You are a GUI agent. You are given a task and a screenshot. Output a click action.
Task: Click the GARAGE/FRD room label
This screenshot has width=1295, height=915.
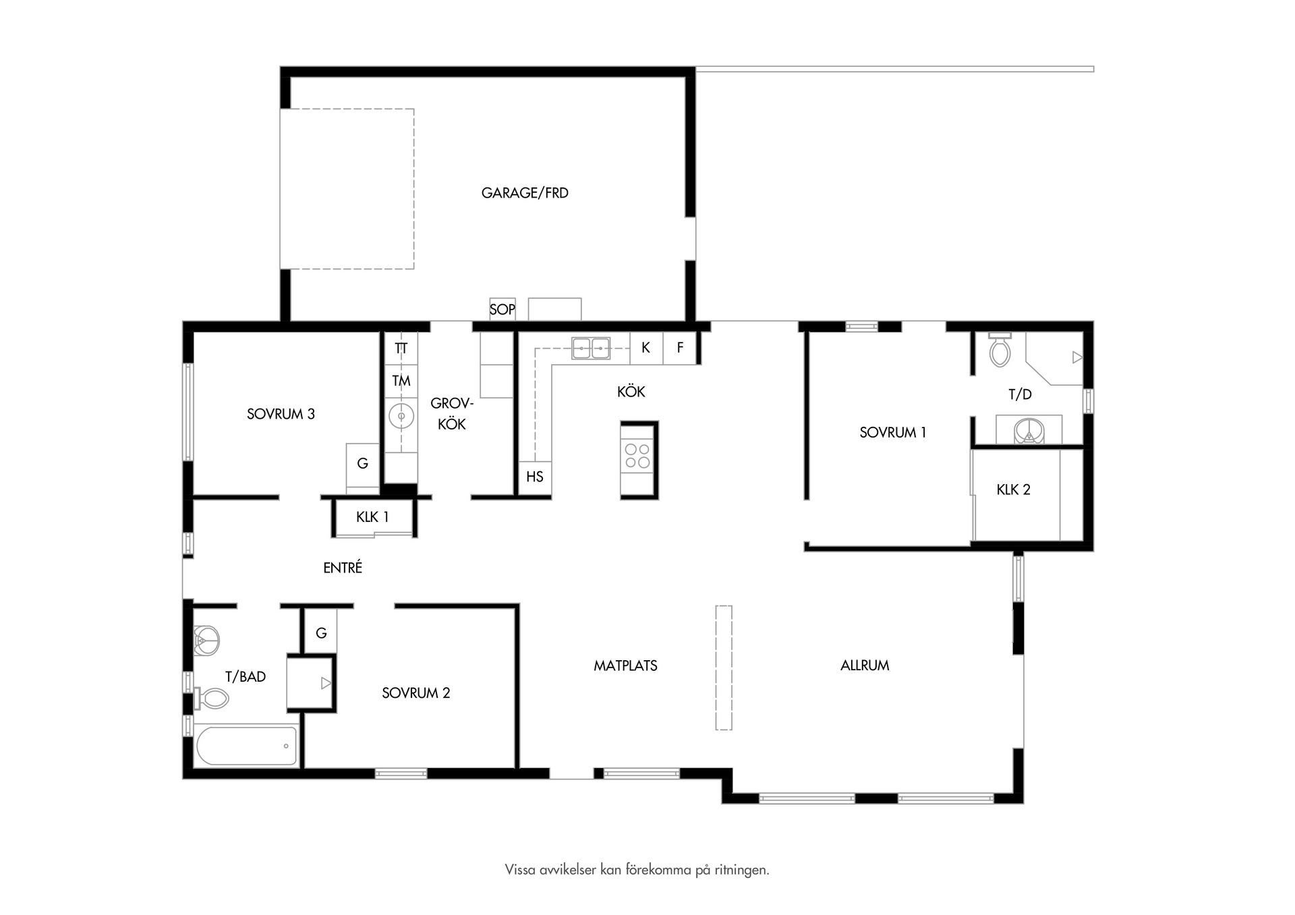tap(525, 193)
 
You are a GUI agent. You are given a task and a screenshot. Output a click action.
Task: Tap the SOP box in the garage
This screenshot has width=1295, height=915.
tap(502, 309)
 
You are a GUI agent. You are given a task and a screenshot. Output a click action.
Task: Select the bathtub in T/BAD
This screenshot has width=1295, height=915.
tap(246, 745)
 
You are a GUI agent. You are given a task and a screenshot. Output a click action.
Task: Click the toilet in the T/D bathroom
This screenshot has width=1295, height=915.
tap(1000, 349)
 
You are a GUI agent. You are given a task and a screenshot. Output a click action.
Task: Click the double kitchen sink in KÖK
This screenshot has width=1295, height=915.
tap(591, 348)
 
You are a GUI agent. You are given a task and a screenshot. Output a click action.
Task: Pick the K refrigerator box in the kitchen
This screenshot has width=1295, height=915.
tap(646, 348)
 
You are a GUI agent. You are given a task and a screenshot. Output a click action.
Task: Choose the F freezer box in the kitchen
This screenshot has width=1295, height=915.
tap(680, 348)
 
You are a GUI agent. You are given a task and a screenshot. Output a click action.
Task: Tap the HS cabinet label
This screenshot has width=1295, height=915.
tap(535, 477)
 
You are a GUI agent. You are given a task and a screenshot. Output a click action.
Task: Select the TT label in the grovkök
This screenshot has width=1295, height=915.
tap(401, 349)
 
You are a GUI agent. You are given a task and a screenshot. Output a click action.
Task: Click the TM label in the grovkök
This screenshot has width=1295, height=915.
tap(401, 381)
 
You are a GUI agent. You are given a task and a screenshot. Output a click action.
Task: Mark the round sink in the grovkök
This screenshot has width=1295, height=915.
tap(401, 416)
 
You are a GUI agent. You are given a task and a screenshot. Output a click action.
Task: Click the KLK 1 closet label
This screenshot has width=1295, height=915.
tap(372, 517)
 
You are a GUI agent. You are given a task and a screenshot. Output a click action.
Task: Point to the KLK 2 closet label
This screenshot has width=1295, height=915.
tap(1014, 490)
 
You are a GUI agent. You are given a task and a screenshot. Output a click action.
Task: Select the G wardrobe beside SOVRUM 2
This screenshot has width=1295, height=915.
tap(321, 633)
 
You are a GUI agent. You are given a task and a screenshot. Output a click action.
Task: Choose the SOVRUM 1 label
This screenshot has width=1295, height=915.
tap(893, 432)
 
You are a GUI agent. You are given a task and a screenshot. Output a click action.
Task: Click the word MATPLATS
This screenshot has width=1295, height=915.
tap(625, 666)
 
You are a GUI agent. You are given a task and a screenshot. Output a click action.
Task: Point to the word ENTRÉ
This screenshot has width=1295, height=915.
tap(343, 568)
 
